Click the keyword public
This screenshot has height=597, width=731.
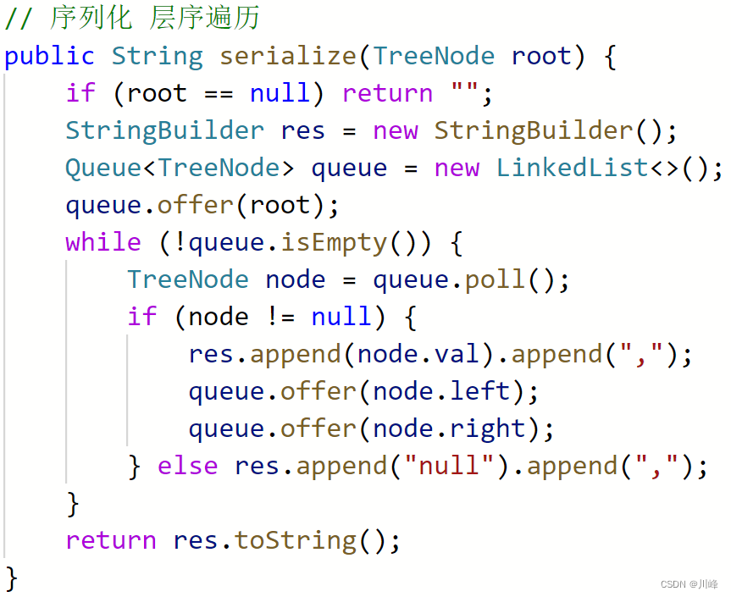pyautogui.click(x=49, y=57)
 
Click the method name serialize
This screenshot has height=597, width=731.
pyautogui.click(x=289, y=57)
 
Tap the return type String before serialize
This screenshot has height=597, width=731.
pyautogui.click(x=158, y=57)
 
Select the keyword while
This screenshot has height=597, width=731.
pyautogui.click(x=103, y=243)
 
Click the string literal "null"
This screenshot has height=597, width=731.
pyautogui.click(x=449, y=467)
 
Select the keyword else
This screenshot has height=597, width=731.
pyautogui.click(x=188, y=467)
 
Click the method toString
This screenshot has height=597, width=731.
pyautogui.click(x=296, y=541)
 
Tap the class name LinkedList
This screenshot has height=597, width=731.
pyautogui.click(x=573, y=169)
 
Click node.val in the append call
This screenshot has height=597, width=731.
pyautogui.click(x=418, y=355)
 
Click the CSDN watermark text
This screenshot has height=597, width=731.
pyautogui.click(x=689, y=584)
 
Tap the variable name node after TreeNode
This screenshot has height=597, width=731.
pyautogui.click(x=296, y=280)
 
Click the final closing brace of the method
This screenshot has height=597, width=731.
pyautogui.click(x=11, y=578)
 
